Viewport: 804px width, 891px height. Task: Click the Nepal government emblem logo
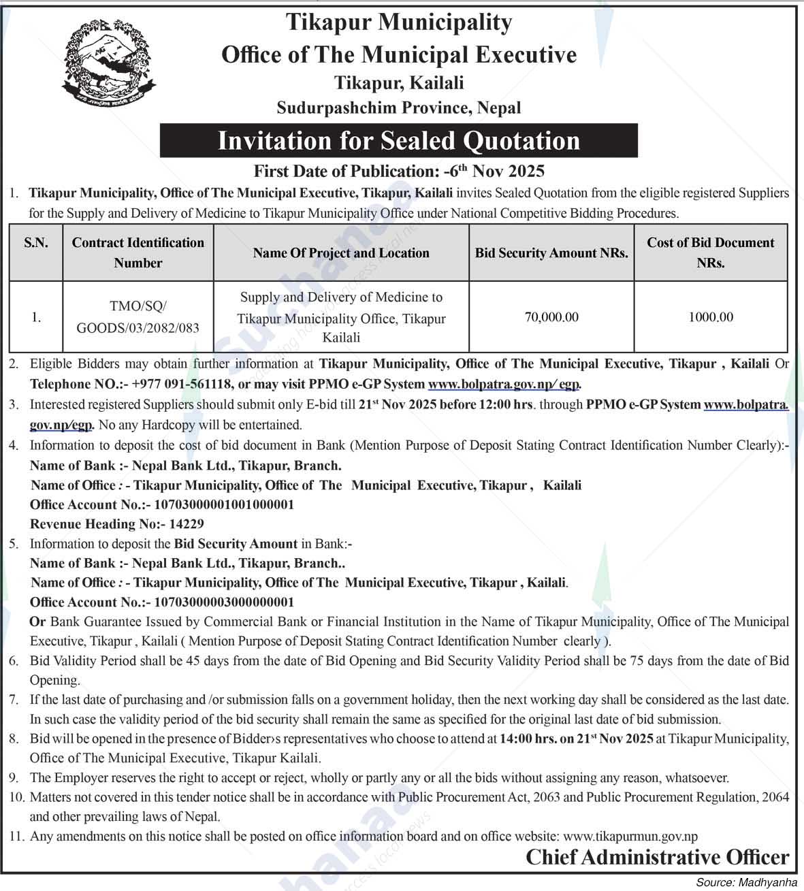(109, 65)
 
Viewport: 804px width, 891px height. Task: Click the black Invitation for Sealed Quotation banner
(398, 140)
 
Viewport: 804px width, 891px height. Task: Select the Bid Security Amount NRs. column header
(551, 253)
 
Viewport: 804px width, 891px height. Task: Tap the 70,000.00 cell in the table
(551, 317)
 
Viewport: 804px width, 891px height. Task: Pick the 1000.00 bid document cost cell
(710, 317)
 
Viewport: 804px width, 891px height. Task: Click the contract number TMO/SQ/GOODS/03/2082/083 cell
(138, 317)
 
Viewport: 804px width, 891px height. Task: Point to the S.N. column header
(36, 243)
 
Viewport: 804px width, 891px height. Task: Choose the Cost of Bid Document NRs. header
(710, 252)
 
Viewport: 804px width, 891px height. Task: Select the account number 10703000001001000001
(224, 504)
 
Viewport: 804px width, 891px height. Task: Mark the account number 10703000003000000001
(224, 602)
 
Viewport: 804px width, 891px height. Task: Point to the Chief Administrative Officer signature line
(657, 858)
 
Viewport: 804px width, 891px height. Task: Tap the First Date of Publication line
(399, 170)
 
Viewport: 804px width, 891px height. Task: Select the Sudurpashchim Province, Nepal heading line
(399, 108)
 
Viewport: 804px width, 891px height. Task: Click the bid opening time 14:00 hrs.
(528, 739)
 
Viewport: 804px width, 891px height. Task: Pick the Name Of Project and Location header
(341, 253)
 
